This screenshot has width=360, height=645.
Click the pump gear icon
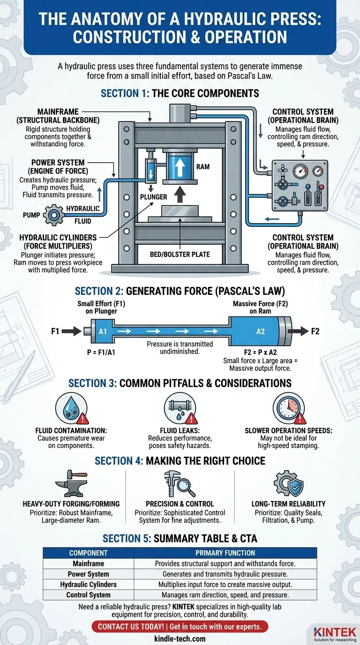[x=53, y=216]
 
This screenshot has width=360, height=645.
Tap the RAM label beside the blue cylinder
[x=202, y=166]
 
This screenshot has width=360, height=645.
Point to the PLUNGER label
[x=153, y=197]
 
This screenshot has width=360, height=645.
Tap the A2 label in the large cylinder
[x=261, y=331]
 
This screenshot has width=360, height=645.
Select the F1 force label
[x=55, y=331]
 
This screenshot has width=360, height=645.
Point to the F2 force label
[x=315, y=331]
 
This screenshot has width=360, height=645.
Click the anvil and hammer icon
[x=71, y=484]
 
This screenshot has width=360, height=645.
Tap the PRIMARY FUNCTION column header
[x=225, y=553]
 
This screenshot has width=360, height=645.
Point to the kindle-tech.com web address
[x=180, y=638]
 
